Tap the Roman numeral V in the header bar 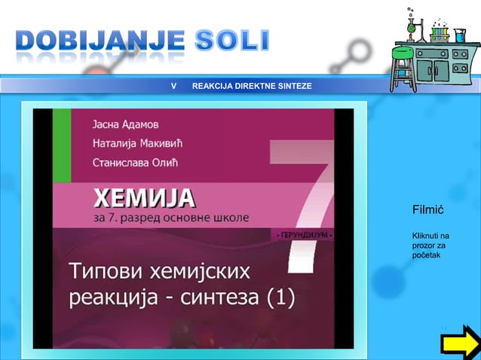tap(174, 87)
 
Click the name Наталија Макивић tap(138, 142)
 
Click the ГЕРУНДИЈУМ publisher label tap(304, 236)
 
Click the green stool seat tap(403, 53)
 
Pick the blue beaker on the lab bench tap(459, 35)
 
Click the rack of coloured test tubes tap(440, 33)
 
